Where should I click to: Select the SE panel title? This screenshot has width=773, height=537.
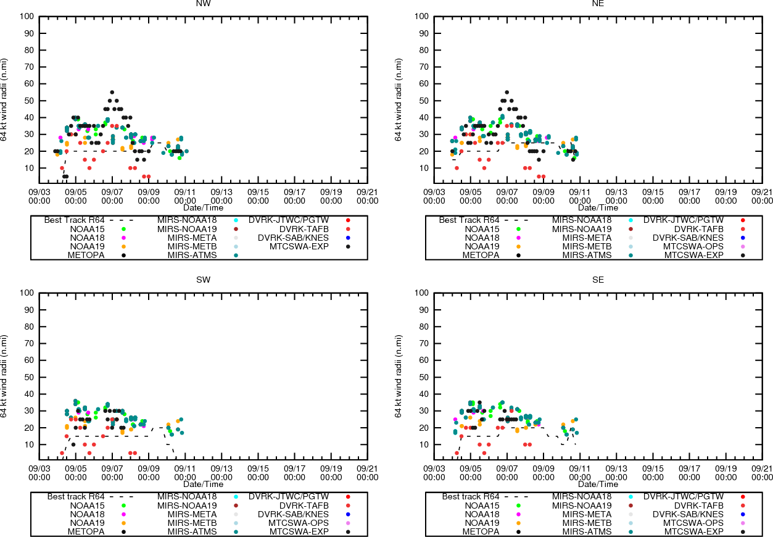(x=598, y=280)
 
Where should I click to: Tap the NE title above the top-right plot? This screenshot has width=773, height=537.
(x=598, y=4)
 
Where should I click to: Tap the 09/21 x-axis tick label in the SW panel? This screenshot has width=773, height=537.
(x=368, y=473)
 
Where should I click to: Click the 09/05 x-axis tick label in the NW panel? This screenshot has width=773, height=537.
(x=76, y=196)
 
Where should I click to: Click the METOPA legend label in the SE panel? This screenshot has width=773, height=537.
(x=481, y=531)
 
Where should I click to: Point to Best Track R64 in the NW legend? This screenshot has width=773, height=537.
(x=74, y=220)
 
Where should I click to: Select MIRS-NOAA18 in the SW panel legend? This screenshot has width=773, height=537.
(x=187, y=496)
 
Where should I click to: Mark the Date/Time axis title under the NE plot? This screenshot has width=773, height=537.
(x=598, y=208)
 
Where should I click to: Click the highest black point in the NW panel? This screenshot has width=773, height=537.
(x=112, y=92)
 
